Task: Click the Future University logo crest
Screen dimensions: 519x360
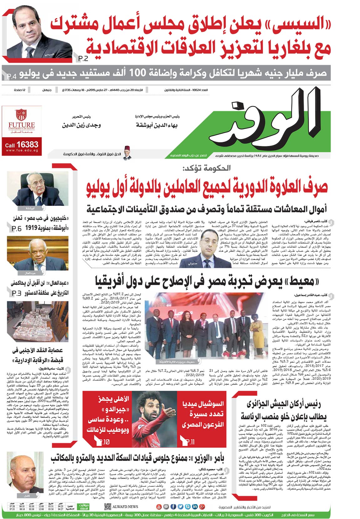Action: coord(21,115)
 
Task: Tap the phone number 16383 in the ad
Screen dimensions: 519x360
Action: coord(27,145)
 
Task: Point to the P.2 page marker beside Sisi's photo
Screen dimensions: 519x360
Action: coord(84,58)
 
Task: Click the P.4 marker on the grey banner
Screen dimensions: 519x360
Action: coord(11,76)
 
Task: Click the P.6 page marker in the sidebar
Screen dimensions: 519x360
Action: coord(17,229)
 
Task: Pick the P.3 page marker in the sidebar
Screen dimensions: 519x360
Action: coord(17,293)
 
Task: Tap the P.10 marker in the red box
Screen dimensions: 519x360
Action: coord(104,442)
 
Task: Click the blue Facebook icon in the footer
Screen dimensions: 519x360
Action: coord(173,506)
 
